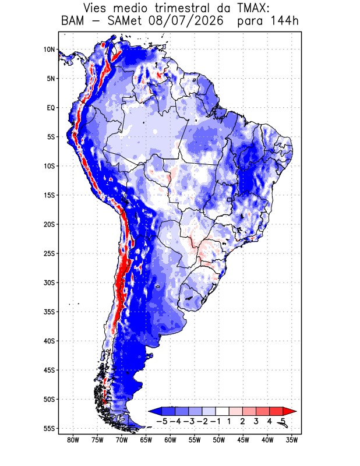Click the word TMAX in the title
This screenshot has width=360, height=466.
253,8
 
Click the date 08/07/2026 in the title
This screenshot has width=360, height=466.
186,21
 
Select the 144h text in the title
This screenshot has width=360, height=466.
284,21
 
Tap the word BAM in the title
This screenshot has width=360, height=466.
73,21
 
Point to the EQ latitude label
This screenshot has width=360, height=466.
51,108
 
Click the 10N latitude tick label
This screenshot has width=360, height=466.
50,50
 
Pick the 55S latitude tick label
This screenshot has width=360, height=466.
50,429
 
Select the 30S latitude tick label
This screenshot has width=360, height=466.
50,283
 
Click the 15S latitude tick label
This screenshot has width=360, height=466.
50,195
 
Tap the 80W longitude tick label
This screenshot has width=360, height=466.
73,440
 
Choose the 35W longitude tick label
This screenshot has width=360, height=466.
292,440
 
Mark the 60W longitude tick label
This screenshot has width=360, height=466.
170,440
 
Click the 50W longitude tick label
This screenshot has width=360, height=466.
219,440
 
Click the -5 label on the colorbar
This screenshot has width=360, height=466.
162,421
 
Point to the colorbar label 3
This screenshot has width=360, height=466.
256,421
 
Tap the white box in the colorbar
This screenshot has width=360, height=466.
223,411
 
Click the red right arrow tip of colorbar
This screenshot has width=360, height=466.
296,411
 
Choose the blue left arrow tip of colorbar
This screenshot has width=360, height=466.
149,411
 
